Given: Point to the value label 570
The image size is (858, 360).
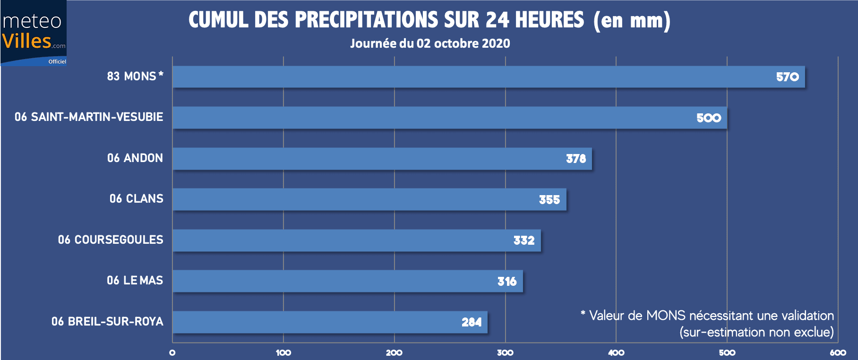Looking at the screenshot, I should [787, 77].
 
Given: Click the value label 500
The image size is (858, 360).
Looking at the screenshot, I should [708, 118].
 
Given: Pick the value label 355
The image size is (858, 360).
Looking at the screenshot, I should [549, 200].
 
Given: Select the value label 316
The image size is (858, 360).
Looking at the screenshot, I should [507, 282].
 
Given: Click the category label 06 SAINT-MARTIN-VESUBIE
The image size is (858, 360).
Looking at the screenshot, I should [89, 117].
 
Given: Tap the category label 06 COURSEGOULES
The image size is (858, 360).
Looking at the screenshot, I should [111, 240].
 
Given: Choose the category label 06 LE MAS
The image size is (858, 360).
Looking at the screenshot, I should [135, 281].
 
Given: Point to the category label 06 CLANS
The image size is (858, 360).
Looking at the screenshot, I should [136, 199].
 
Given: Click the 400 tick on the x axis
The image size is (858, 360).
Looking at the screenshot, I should [616, 352].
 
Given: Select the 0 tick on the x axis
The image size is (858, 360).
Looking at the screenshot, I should [172, 352].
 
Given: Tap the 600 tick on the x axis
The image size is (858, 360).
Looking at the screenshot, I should [838, 352].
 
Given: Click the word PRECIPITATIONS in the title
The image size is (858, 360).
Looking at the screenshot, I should [367, 20].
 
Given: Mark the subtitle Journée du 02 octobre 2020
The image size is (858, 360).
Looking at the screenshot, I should [430, 43].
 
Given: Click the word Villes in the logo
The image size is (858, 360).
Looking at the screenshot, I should [26, 41].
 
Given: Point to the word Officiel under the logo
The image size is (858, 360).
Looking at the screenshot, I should [57, 61].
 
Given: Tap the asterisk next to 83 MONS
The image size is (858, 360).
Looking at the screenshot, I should [161, 74].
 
